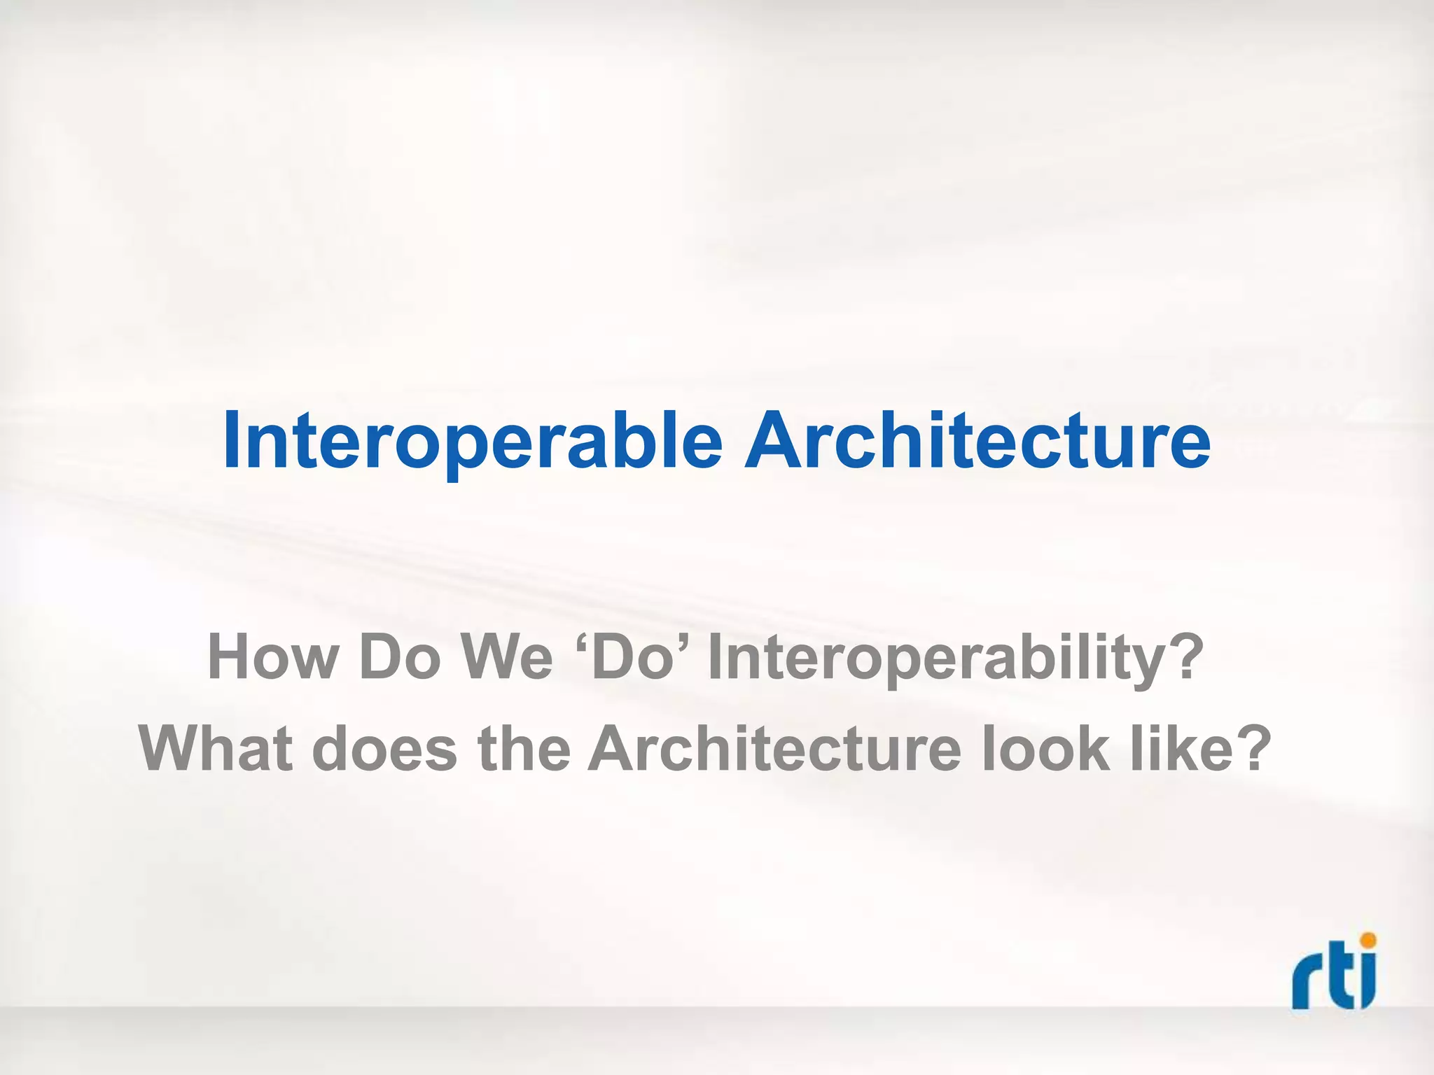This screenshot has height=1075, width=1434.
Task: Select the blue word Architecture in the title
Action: click(x=977, y=441)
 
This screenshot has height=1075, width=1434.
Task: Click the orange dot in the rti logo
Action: click(x=1366, y=941)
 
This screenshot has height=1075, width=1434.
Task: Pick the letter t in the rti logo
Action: click(x=1338, y=980)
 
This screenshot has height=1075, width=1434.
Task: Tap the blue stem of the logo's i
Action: click(x=1366, y=983)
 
